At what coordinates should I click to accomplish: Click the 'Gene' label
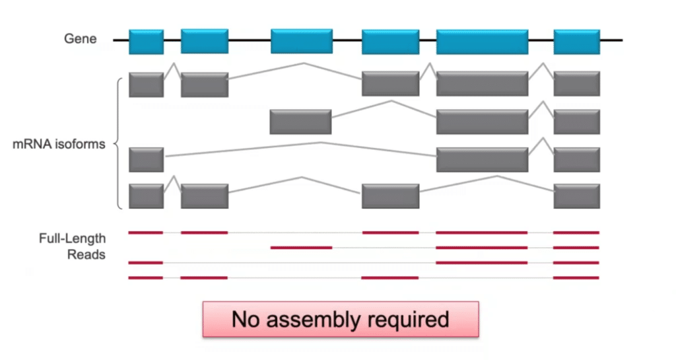click(80, 39)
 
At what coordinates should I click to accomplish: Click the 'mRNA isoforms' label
click(59, 144)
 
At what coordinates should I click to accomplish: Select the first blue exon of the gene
click(146, 42)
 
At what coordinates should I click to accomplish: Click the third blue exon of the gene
click(302, 42)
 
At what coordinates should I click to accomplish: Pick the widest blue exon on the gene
click(482, 42)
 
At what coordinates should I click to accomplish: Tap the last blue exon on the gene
click(576, 42)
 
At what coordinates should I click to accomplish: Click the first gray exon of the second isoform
click(300, 122)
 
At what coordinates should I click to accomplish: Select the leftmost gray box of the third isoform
click(146, 160)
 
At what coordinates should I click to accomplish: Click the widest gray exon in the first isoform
click(482, 84)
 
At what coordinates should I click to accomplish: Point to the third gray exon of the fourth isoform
click(390, 196)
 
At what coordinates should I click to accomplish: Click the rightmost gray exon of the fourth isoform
click(576, 196)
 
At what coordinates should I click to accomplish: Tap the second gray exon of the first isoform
click(205, 84)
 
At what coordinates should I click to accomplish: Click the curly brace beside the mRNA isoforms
click(119, 144)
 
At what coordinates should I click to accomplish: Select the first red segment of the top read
click(145, 233)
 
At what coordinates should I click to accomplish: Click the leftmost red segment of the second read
click(301, 248)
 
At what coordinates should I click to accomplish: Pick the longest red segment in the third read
click(482, 262)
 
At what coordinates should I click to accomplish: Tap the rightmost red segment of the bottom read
click(576, 277)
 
